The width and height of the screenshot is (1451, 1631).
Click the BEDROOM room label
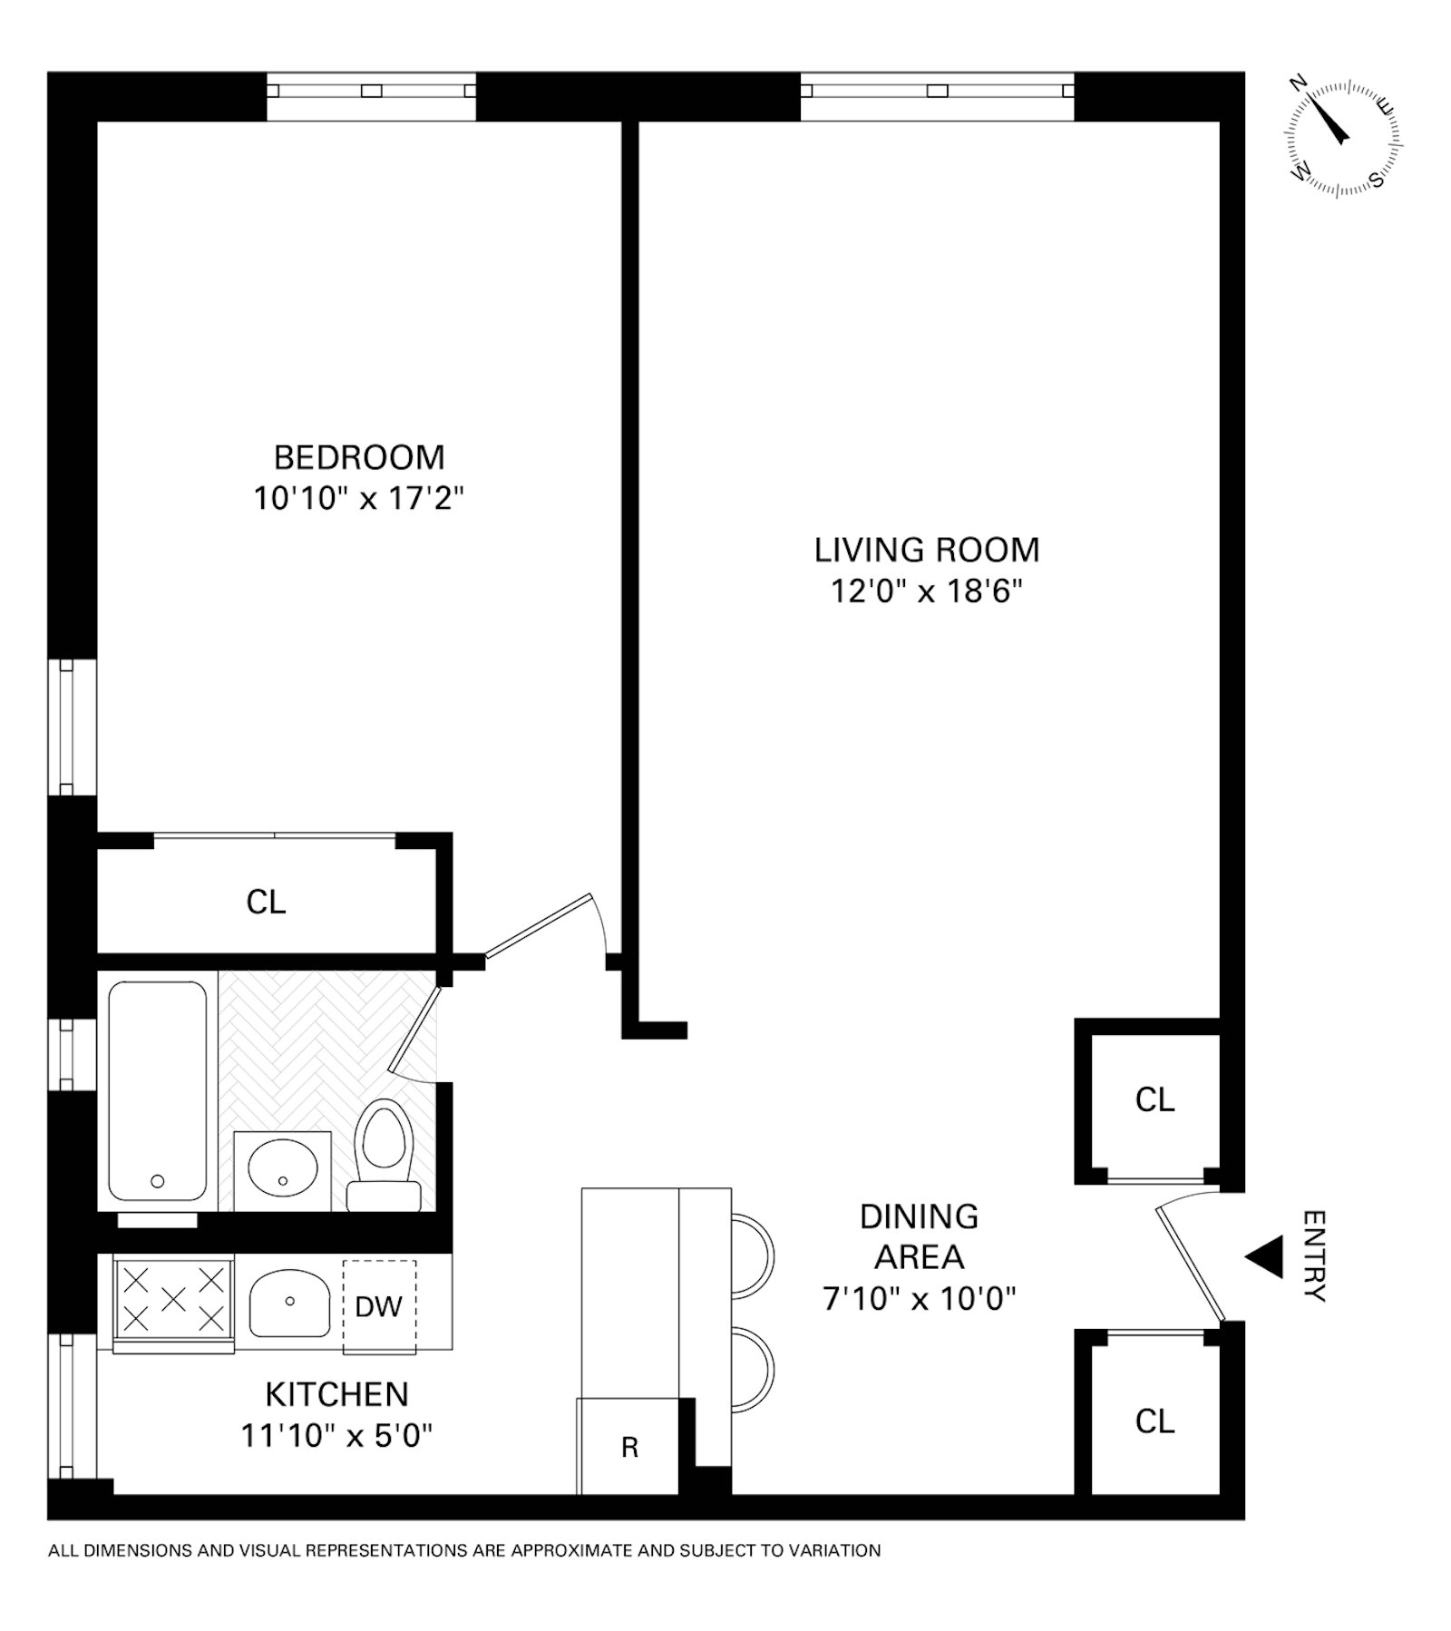click(x=359, y=457)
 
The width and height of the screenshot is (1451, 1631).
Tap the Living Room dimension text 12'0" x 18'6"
click(x=927, y=591)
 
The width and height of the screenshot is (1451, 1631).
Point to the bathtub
click(x=157, y=1090)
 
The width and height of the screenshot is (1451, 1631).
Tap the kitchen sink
click(x=289, y=1303)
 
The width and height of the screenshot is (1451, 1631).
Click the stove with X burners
click(x=173, y=1303)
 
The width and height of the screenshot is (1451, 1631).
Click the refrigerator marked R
click(x=628, y=1446)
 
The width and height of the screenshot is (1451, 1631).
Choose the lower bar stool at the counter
click(x=752, y=1369)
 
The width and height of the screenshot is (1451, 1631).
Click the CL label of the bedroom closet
click(x=266, y=902)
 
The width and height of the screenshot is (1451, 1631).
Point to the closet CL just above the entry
click(x=1154, y=1099)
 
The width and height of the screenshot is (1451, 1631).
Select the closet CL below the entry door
click(x=1154, y=1421)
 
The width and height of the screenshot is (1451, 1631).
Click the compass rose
click(x=1342, y=138)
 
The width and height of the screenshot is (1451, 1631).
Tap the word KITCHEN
click(x=336, y=1394)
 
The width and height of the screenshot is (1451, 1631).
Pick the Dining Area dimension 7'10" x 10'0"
click(x=919, y=1299)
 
